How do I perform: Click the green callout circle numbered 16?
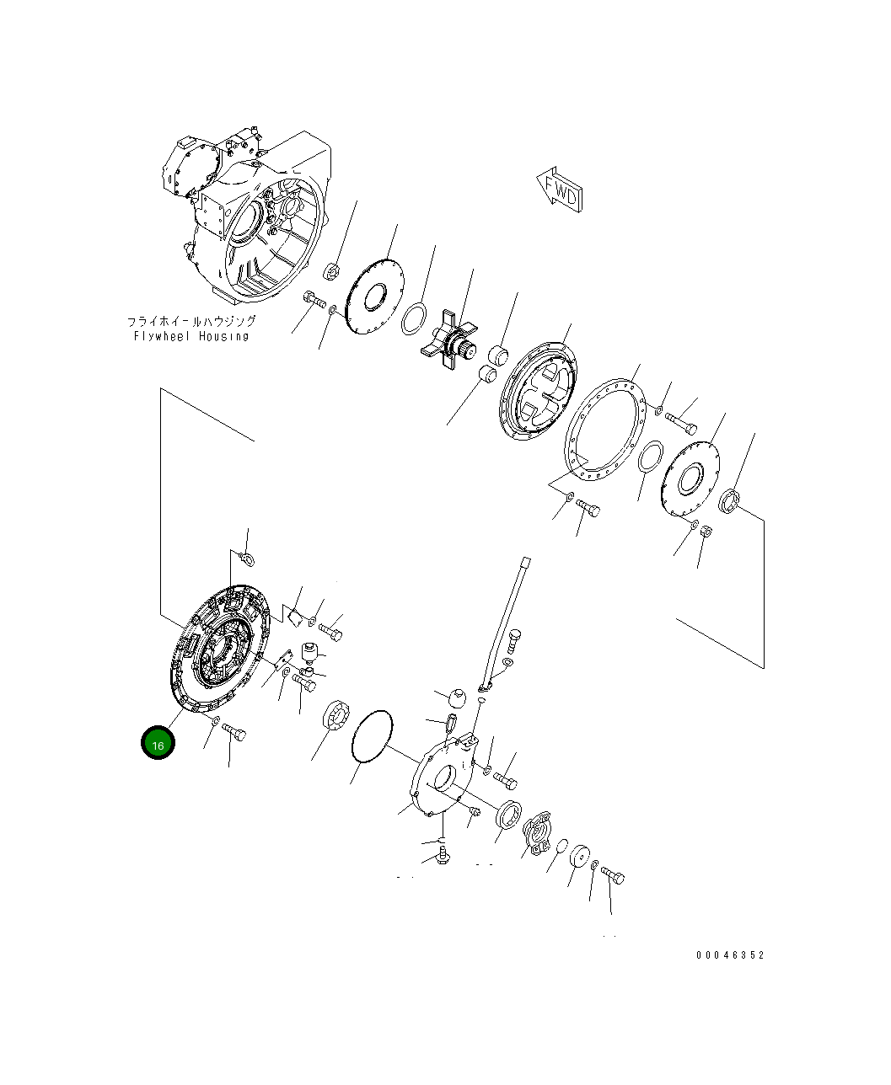pos(158,742)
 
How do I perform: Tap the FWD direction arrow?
pos(560,190)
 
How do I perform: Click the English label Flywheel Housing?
pos(191,336)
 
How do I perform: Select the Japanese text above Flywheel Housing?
pos(191,322)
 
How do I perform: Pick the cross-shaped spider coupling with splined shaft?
pos(450,339)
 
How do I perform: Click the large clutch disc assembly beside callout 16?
pos(220,649)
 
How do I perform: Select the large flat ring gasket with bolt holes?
pos(604,430)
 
